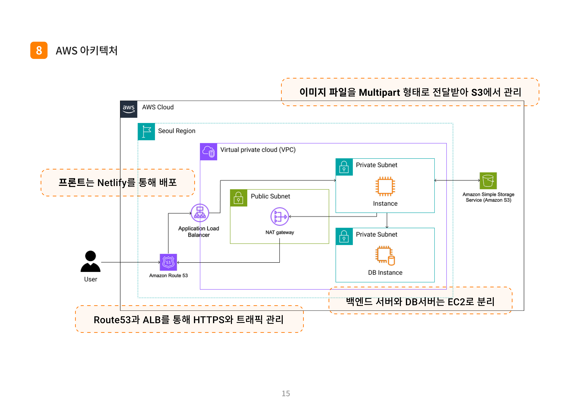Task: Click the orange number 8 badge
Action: [39, 50]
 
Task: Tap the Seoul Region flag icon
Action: [146, 132]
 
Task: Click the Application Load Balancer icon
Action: [200, 213]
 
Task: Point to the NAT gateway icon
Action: [280, 217]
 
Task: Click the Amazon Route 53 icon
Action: [168, 262]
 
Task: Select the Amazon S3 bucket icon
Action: [488, 181]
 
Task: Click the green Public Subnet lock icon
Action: [239, 198]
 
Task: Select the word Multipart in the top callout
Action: [379, 93]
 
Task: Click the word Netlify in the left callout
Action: [112, 182]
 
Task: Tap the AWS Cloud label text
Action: [158, 107]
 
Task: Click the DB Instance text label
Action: [385, 273]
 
